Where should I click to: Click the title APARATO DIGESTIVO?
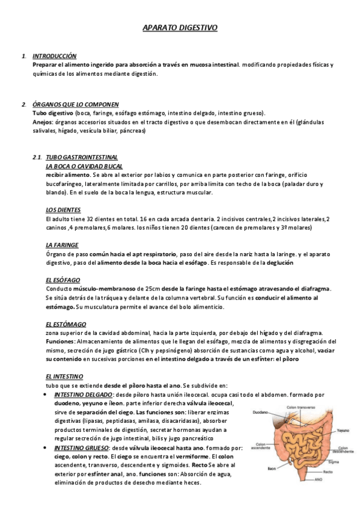coord(180,28)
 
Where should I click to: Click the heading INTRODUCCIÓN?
coord(55,55)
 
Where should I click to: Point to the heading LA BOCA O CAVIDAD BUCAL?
coord(84,165)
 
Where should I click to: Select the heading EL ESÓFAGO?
coord(62,280)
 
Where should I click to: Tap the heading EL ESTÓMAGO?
coord(65,324)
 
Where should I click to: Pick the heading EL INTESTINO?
coord(64,376)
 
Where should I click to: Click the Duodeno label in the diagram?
coord(261,413)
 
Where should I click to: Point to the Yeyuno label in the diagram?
coord(343,431)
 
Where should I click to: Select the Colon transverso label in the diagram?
coord(301,408)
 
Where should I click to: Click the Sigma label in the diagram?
coord(331,462)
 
